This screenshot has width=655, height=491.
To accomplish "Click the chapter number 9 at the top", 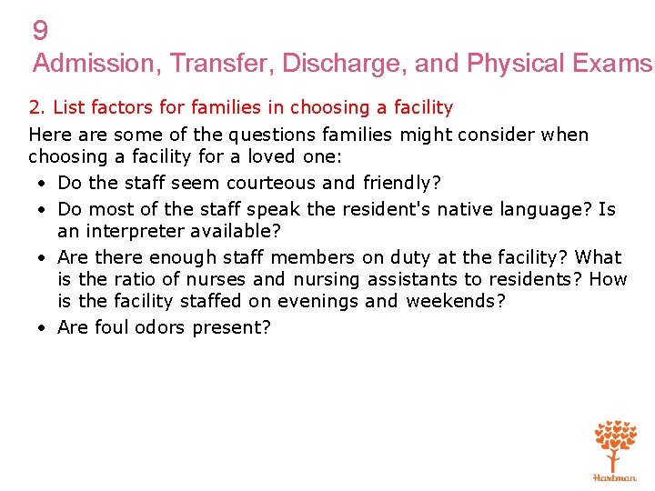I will pyautogui.click(x=40, y=32).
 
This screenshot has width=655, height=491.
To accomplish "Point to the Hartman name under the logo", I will pyautogui.click(x=615, y=476).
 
